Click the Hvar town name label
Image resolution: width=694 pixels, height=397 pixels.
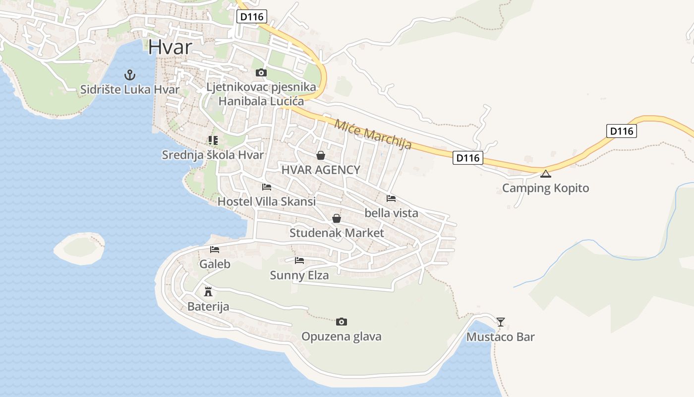tap(170, 47)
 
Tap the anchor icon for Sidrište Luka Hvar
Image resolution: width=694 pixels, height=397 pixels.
tap(129, 75)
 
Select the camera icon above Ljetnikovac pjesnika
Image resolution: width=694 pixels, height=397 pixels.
tap(261, 73)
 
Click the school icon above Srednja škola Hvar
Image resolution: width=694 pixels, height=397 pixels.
tap(213, 140)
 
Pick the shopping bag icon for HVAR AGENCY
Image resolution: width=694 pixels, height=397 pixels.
tap(321, 156)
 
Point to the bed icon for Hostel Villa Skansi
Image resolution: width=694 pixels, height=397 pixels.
tap(267, 187)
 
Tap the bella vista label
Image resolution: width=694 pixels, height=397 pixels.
tap(391, 213)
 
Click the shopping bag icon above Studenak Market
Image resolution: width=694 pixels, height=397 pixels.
tap(337, 218)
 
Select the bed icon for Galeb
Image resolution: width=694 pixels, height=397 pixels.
tap(215, 250)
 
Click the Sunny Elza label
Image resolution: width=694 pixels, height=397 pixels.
tap(299, 275)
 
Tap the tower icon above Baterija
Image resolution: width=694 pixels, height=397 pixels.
tap(208, 291)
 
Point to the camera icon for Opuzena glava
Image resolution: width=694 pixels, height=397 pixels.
tap(341, 322)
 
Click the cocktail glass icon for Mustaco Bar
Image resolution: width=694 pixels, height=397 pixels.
tap(501, 322)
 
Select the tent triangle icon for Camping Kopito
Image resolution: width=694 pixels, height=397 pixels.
tap(546, 174)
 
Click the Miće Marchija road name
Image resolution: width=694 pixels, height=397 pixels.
tap(373, 134)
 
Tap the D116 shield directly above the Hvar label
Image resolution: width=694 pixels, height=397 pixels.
tap(252, 17)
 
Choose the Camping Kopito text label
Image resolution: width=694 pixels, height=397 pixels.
tap(545, 188)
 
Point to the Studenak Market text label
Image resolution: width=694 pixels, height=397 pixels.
tap(337, 233)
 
